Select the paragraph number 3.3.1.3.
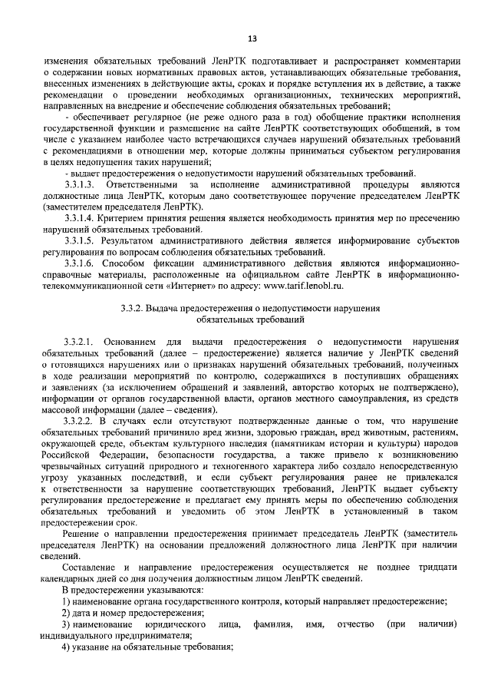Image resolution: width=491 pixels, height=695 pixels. [x=80, y=186]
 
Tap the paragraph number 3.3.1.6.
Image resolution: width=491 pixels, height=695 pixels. [x=80, y=261]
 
